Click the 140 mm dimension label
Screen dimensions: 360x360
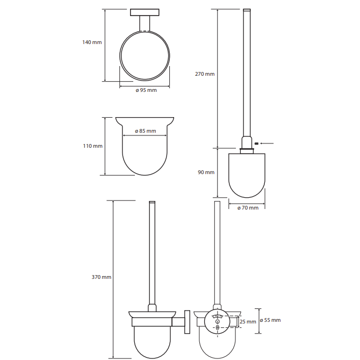point(92,42)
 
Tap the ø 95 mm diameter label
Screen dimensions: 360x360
point(146,90)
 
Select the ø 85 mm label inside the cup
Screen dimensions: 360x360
point(146,131)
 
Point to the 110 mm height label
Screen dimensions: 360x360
point(93,146)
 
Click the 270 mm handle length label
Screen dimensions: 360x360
point(205,74)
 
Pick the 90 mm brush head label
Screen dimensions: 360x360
point(206,172)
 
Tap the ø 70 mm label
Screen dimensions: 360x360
point(248,208)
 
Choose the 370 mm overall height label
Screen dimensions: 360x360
point(102,277)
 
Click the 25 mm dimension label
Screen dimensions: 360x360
point(248,322)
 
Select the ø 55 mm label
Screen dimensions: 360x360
point(270,320)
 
